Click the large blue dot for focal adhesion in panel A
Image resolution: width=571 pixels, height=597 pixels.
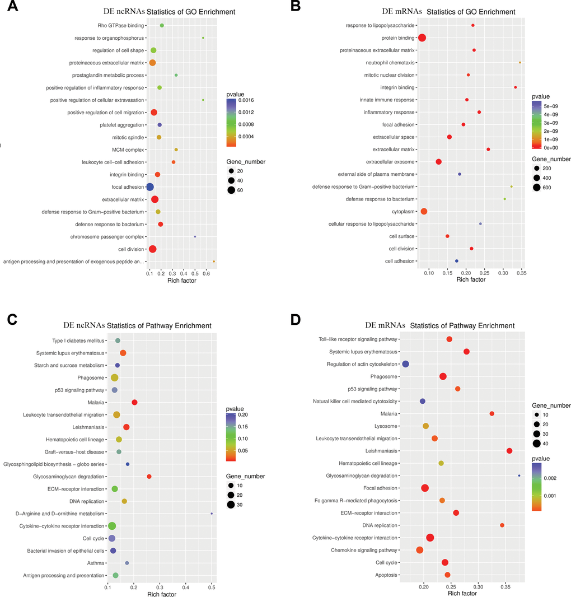pos(149,186)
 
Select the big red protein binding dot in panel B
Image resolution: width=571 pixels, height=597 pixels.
pos(422,38)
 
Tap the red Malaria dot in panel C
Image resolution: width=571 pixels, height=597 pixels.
pos(134,402)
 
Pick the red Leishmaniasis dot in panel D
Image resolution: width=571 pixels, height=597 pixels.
pos(509,451)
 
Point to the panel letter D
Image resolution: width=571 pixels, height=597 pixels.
pos(294,320)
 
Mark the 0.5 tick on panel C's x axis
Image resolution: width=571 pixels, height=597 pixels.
pos(212,587)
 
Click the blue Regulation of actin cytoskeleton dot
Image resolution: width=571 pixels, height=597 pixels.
pos(406,364)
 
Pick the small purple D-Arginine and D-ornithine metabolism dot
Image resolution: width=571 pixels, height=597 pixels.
pos(212,514)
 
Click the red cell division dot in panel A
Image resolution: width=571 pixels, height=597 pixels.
pos(152,249)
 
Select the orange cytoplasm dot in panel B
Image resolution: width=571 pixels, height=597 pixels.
pos(424,211)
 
